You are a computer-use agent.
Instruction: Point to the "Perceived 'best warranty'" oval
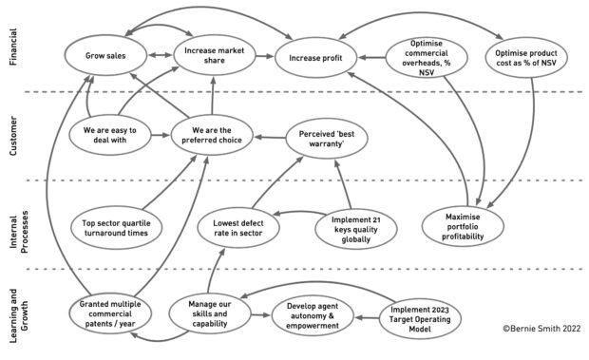pyautogui.click(x=328, y=136)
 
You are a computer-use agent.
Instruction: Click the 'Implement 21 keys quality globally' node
pyautogui.click(x=357, y=227)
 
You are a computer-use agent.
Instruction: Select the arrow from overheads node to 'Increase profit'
pyautogui.click(x=371, y=59)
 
